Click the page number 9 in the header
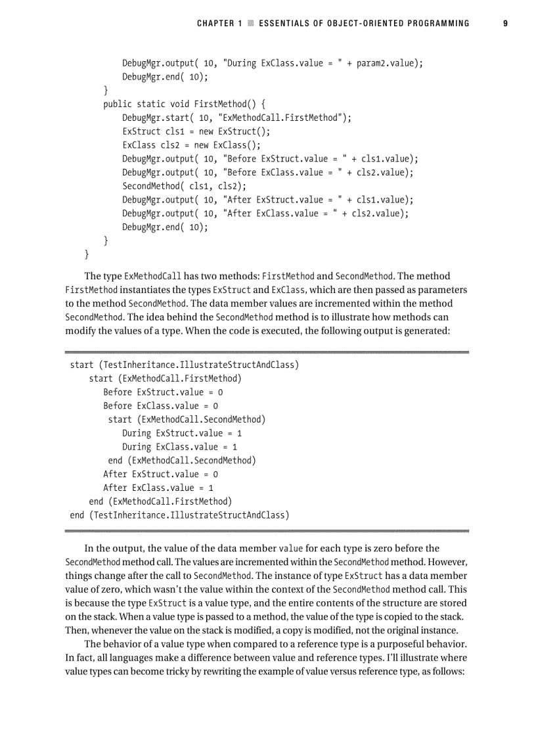(505, 24)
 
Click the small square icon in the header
(250, 24)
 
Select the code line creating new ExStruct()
(196, 131)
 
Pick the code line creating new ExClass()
(191, 145)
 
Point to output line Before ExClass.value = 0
(160, 406)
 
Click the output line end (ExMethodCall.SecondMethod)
(181, 460)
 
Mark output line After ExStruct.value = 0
(160, 474)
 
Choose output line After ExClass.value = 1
(158, 488)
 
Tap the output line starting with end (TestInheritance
(179, 515)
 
